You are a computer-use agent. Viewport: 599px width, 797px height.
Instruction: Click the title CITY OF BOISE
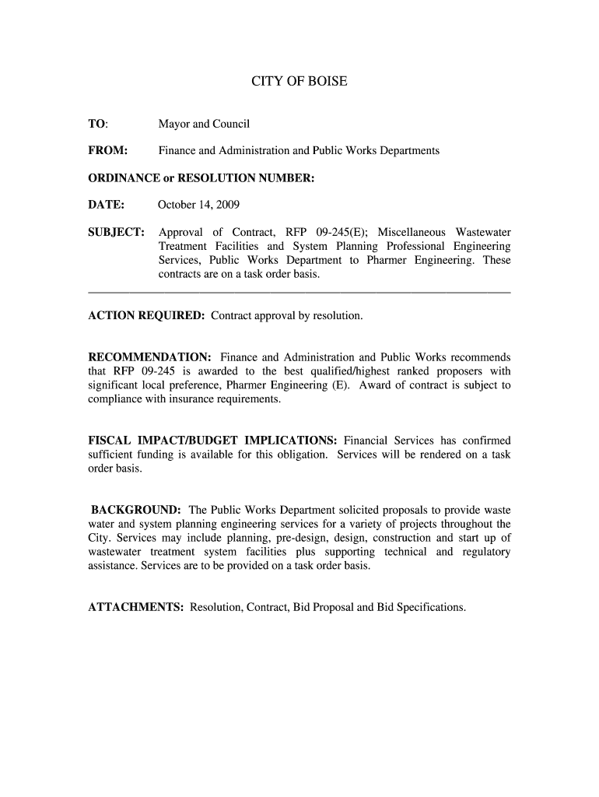[x=299, y=81]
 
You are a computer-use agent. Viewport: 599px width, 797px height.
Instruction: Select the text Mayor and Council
[x=204, y=124]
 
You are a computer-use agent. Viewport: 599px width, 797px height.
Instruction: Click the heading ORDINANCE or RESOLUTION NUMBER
[x=201, y=178]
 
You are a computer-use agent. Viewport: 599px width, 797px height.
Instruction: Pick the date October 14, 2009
[x=198, y=205]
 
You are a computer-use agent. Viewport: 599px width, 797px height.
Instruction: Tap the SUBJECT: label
[x=116, y=232]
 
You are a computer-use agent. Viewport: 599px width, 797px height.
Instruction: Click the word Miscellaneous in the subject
[x=412, y=232]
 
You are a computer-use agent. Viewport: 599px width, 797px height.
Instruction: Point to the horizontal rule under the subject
[x=299, y=292]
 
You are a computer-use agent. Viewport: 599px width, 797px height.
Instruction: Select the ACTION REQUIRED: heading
[x=146, y=316]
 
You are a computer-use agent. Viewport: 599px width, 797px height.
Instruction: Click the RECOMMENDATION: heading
[x=150, y=357]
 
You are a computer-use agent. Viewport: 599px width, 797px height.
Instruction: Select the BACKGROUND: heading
[x=136, y=510]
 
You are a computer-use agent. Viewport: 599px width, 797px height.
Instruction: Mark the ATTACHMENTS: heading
[x=136, y=607]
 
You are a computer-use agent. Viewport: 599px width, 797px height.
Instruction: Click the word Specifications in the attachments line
[x=430, y=607]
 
